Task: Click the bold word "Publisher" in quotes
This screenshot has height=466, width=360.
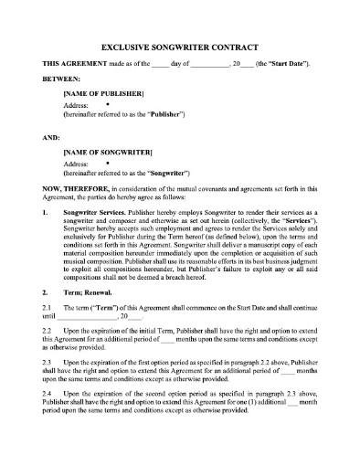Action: point(163,115)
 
